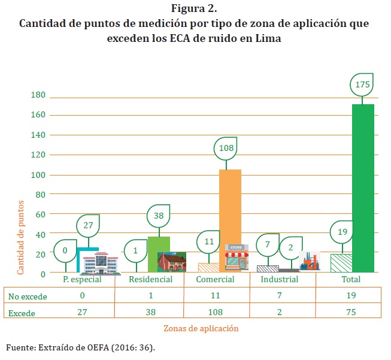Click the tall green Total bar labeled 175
point(363,188)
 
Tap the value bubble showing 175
point(362,85)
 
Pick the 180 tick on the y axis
point(38,95)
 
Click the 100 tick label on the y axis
point(38,175)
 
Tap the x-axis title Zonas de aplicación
point(201,328)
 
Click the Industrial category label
point(280,280)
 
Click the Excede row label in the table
point(22,313)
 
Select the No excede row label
point(28,296)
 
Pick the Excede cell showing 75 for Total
point(351,312)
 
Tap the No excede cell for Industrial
point(280,296)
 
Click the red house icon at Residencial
point(172,262)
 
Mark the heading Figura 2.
point(194,9)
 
